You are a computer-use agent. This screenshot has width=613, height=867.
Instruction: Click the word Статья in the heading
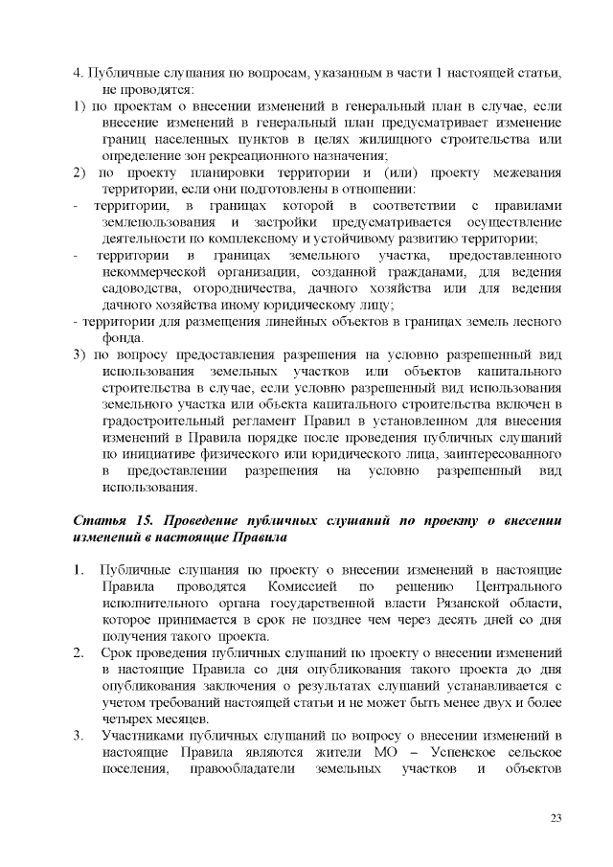click(x=99, y=519)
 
